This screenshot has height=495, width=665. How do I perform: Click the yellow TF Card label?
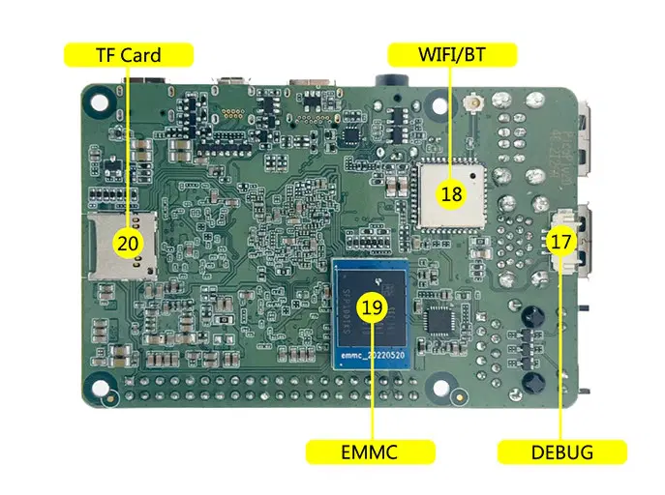tap(128, 54)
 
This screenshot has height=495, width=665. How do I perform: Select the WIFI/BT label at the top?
tap(452, 54)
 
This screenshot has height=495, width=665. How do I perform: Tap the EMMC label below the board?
tap(370, 451)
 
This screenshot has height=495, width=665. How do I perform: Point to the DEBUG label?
tap(561, 451)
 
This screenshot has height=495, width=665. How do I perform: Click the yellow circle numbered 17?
tap(560, 242)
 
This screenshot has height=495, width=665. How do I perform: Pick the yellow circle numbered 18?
tap(451, 194)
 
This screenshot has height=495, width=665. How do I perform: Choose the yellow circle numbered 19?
tap(372, 308)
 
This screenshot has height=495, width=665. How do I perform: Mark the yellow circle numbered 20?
tap(128, 243)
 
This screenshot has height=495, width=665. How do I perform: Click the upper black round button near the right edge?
tap(530, 315)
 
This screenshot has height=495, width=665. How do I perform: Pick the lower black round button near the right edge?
tap(530, 385)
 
